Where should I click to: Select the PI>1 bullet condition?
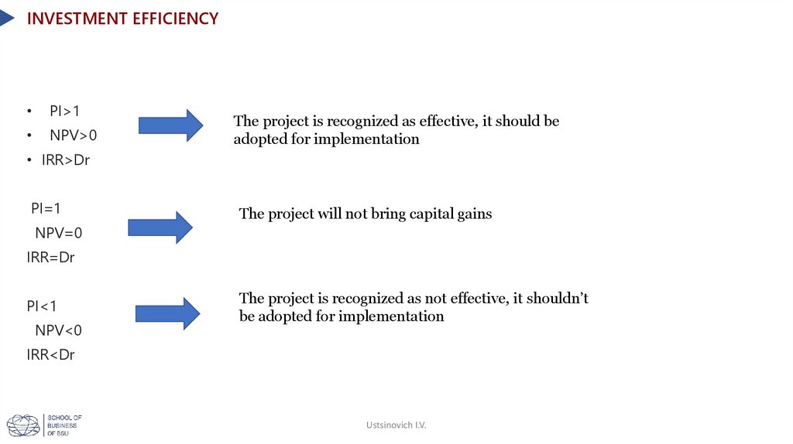tap(65, 111)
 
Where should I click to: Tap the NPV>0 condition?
tap(74, 135)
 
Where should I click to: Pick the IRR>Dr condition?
tap(66, 160)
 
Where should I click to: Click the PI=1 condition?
tap(46, 208)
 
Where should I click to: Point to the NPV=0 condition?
tap(58, 233)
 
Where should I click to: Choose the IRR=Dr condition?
tap(50, 258)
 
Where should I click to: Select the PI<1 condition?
tap(42, 306)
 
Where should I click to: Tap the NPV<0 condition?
tap(58, 330)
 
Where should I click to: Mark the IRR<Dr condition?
tap(50, 355)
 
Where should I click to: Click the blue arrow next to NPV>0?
tap(170, 125)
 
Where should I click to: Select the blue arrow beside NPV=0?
tap(160, 227)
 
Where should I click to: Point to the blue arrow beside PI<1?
tap(167, 313)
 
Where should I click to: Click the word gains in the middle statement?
tap(472, 214)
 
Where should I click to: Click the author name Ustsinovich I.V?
tap(396, 425)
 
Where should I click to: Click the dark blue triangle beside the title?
tap(6, 18)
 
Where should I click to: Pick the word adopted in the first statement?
tap(259, 140)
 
